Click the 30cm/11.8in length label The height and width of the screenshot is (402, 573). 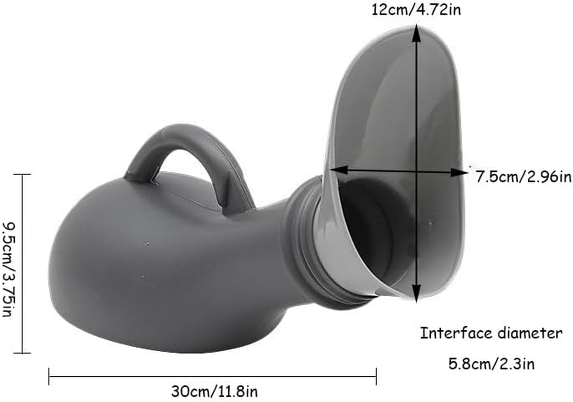[x=215, y=390]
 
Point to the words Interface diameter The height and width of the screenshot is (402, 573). [x=491, y=333]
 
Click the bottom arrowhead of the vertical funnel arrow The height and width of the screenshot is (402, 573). [x=416, y=296]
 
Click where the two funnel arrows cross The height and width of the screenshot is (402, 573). [x=416, y=171]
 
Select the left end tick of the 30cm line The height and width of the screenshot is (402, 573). [x=49, y=376]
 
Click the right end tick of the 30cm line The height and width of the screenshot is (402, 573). [x=376, y=376]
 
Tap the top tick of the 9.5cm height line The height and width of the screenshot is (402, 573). [x=22, y=174]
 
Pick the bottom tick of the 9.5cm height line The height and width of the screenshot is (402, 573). [x=22, y=353]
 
